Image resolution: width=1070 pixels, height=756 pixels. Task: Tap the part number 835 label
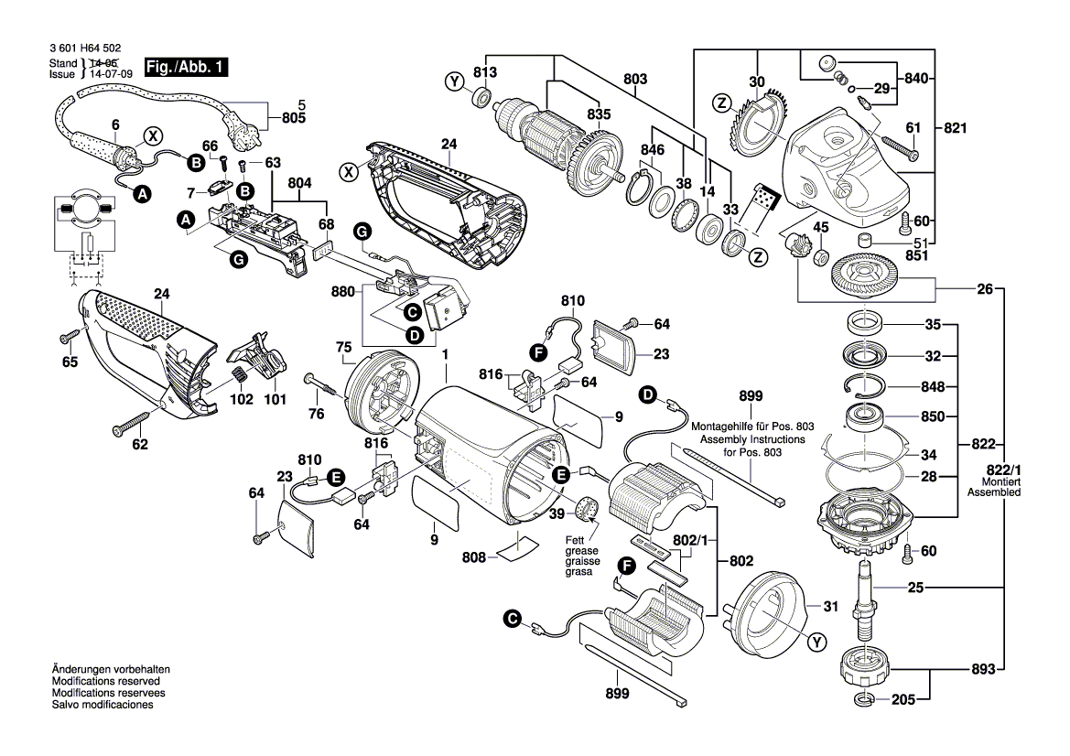click(600, 114)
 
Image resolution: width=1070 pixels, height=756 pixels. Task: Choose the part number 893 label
click(982, 669)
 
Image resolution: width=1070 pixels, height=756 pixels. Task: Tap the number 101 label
click(275, 399)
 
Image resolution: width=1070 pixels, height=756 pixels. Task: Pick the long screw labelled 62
click(129, 424)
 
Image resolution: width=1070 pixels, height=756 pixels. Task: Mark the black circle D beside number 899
click(647, 395)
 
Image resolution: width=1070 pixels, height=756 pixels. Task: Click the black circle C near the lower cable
click(513, 621)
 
